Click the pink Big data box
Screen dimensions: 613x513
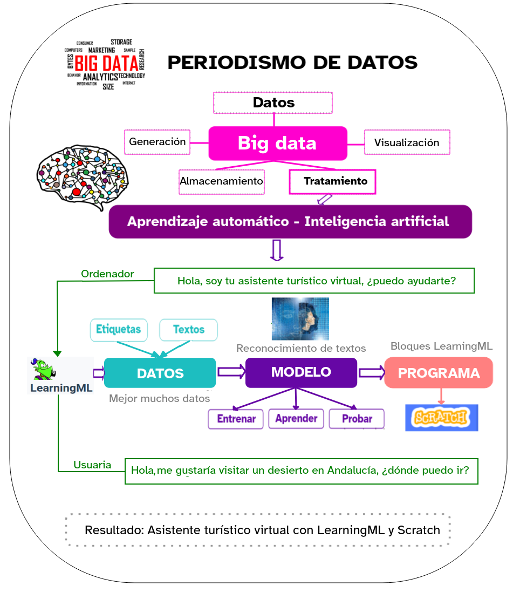click(x=278, y=143)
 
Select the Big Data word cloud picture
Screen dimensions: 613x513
click(x=105, y=64)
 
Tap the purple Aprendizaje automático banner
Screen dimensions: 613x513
click(x=290, y=222)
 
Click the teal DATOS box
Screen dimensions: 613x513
click(x=160, y=373)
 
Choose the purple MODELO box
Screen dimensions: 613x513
click(x=301, y=372)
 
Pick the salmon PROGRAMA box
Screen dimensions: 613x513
click(x=438, y=373)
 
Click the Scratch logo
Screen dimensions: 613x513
click(x=441, y=418)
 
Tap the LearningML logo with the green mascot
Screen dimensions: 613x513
click(x=60, y=376)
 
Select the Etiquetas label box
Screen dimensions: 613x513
click(x=118, y=329)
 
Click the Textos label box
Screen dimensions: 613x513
click(x=188, y=329)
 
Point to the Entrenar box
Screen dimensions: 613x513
click(x=236, y=419)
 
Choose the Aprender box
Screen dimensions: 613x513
click(x=296, y=418)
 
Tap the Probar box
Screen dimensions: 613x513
click(x=357, y=419)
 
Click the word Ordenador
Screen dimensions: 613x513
click(x=107, y=274)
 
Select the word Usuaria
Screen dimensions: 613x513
click(x=92, y=465)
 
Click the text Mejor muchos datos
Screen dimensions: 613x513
click(x=159, y=399)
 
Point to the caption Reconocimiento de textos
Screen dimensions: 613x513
click(x=301, y=349)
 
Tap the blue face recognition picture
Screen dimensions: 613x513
click(x=300, y=318)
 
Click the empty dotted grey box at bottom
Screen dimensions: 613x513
click(x=258, y=530)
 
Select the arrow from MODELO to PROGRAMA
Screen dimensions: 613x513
click(x=371, y=372)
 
